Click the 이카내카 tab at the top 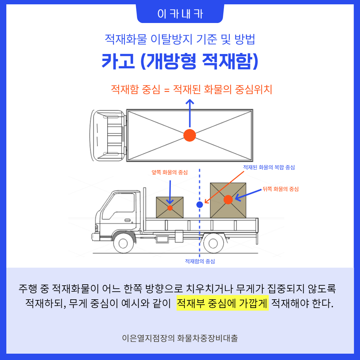click(180, 14)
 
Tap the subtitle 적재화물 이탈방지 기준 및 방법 click(180, 39)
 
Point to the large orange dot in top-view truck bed click(190, 135)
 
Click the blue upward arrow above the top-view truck click(190, 113)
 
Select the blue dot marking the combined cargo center click(200, 205)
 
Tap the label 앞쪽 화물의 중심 click(170, 173)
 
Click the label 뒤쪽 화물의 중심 click(280, 189)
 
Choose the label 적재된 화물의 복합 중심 click(269, 167)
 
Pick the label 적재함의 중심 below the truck click(200, 261)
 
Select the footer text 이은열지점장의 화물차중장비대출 click(180, 338)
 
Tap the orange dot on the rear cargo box click(228, 199)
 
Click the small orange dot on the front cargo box click(170, 208)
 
